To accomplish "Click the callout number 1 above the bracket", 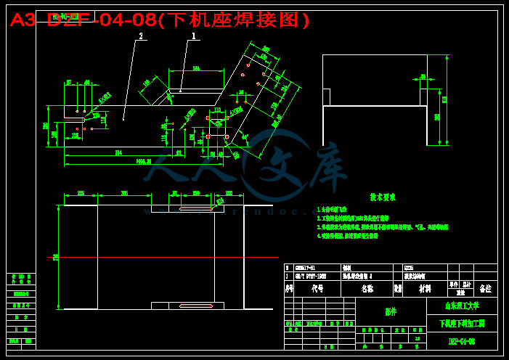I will pyautogui.click(x=194, y=35).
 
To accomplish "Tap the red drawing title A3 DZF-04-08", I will pyautogui.click(x=160, y=20).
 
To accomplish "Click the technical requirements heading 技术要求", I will pyautogui.click(x=383, y=197).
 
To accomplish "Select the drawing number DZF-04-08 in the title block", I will pyautogui.click(x=461, y=340).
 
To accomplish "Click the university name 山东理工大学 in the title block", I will pyautogui.click(x=461, y=306).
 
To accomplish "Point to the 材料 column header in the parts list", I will pyautogui.click(x=424, y=288).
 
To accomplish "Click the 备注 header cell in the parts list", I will pyautogui.click(x=485, y=288).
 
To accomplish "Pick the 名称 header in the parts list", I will pyautogui.click(x=367, y=288).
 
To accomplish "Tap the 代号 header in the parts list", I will pyautogui.click(x=317, y=288).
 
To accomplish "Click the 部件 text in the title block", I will pyautogui.click(x=391, y=311).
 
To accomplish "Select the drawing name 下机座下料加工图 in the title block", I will pyautogui.click(x=461, y=323).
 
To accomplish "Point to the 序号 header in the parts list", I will pyautogui.click(x=288, y=288).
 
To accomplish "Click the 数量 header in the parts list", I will pyautogui.click(x=398, y=288).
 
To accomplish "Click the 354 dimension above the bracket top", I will pyautogui.click(x=196, y=69).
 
